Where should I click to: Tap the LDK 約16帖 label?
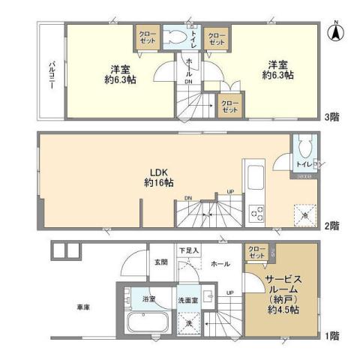159,177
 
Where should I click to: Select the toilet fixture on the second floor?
304,145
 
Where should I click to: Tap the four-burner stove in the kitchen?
256,214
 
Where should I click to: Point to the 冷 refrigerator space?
304,214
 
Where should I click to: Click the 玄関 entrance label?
161,263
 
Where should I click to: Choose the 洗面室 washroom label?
187,299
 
